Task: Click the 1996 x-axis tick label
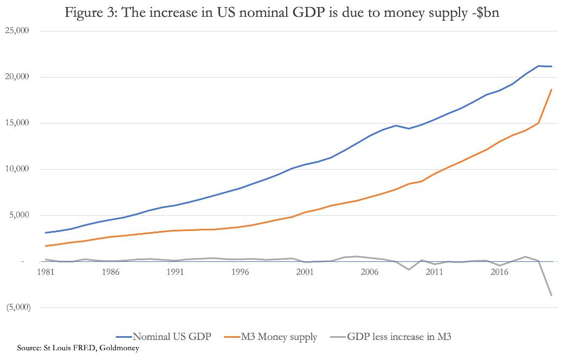pos(240,272)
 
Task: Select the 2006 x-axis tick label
pos(370,272)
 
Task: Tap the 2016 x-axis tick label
pos(499,272)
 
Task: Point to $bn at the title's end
pos(486,13)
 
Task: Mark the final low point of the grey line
pos(552,295)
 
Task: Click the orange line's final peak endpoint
pos(552,89)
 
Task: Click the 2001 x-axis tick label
pos(305,272)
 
